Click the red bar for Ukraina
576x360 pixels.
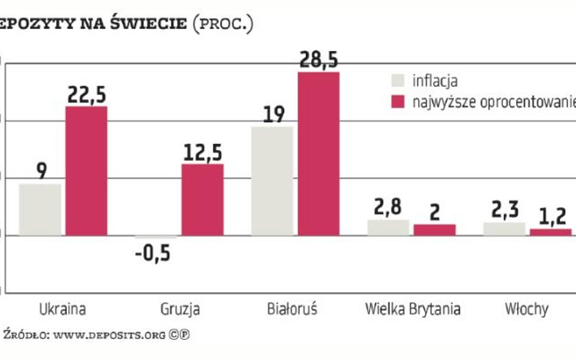point(86,171)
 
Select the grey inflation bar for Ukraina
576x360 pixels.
point(40,209)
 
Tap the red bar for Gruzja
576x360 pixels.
point(202,199)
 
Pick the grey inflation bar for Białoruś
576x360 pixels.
point(272,181)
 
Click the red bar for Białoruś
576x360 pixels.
point(318,154)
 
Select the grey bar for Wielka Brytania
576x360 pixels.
point(388,228)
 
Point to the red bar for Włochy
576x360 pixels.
point(550,232)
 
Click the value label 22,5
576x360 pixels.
point(86,95)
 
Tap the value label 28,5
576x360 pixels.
point(318,61)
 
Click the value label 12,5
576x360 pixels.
point(202,153)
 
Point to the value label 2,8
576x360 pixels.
point(388,208)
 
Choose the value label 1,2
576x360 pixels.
point(552,216)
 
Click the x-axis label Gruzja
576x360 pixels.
point(180,309)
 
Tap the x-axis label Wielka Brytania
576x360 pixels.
point(413,308)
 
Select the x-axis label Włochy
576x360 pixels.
point(526,308)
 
